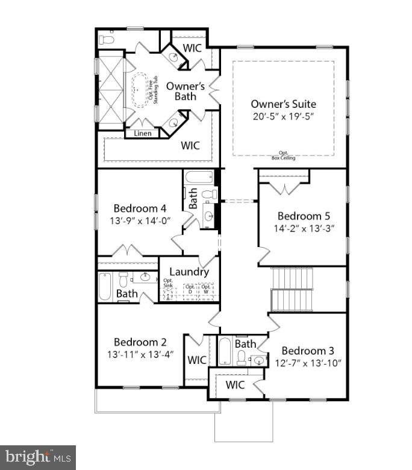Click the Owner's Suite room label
283,104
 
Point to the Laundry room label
189,272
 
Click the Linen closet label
143,133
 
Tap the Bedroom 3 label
307,351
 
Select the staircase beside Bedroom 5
293,290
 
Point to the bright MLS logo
37,457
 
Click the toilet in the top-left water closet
107,39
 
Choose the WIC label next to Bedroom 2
197,360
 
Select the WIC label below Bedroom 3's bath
235,385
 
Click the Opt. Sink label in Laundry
168,283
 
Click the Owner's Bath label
186,91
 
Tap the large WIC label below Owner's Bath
191,145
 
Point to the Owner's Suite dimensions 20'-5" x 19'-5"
283,116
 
